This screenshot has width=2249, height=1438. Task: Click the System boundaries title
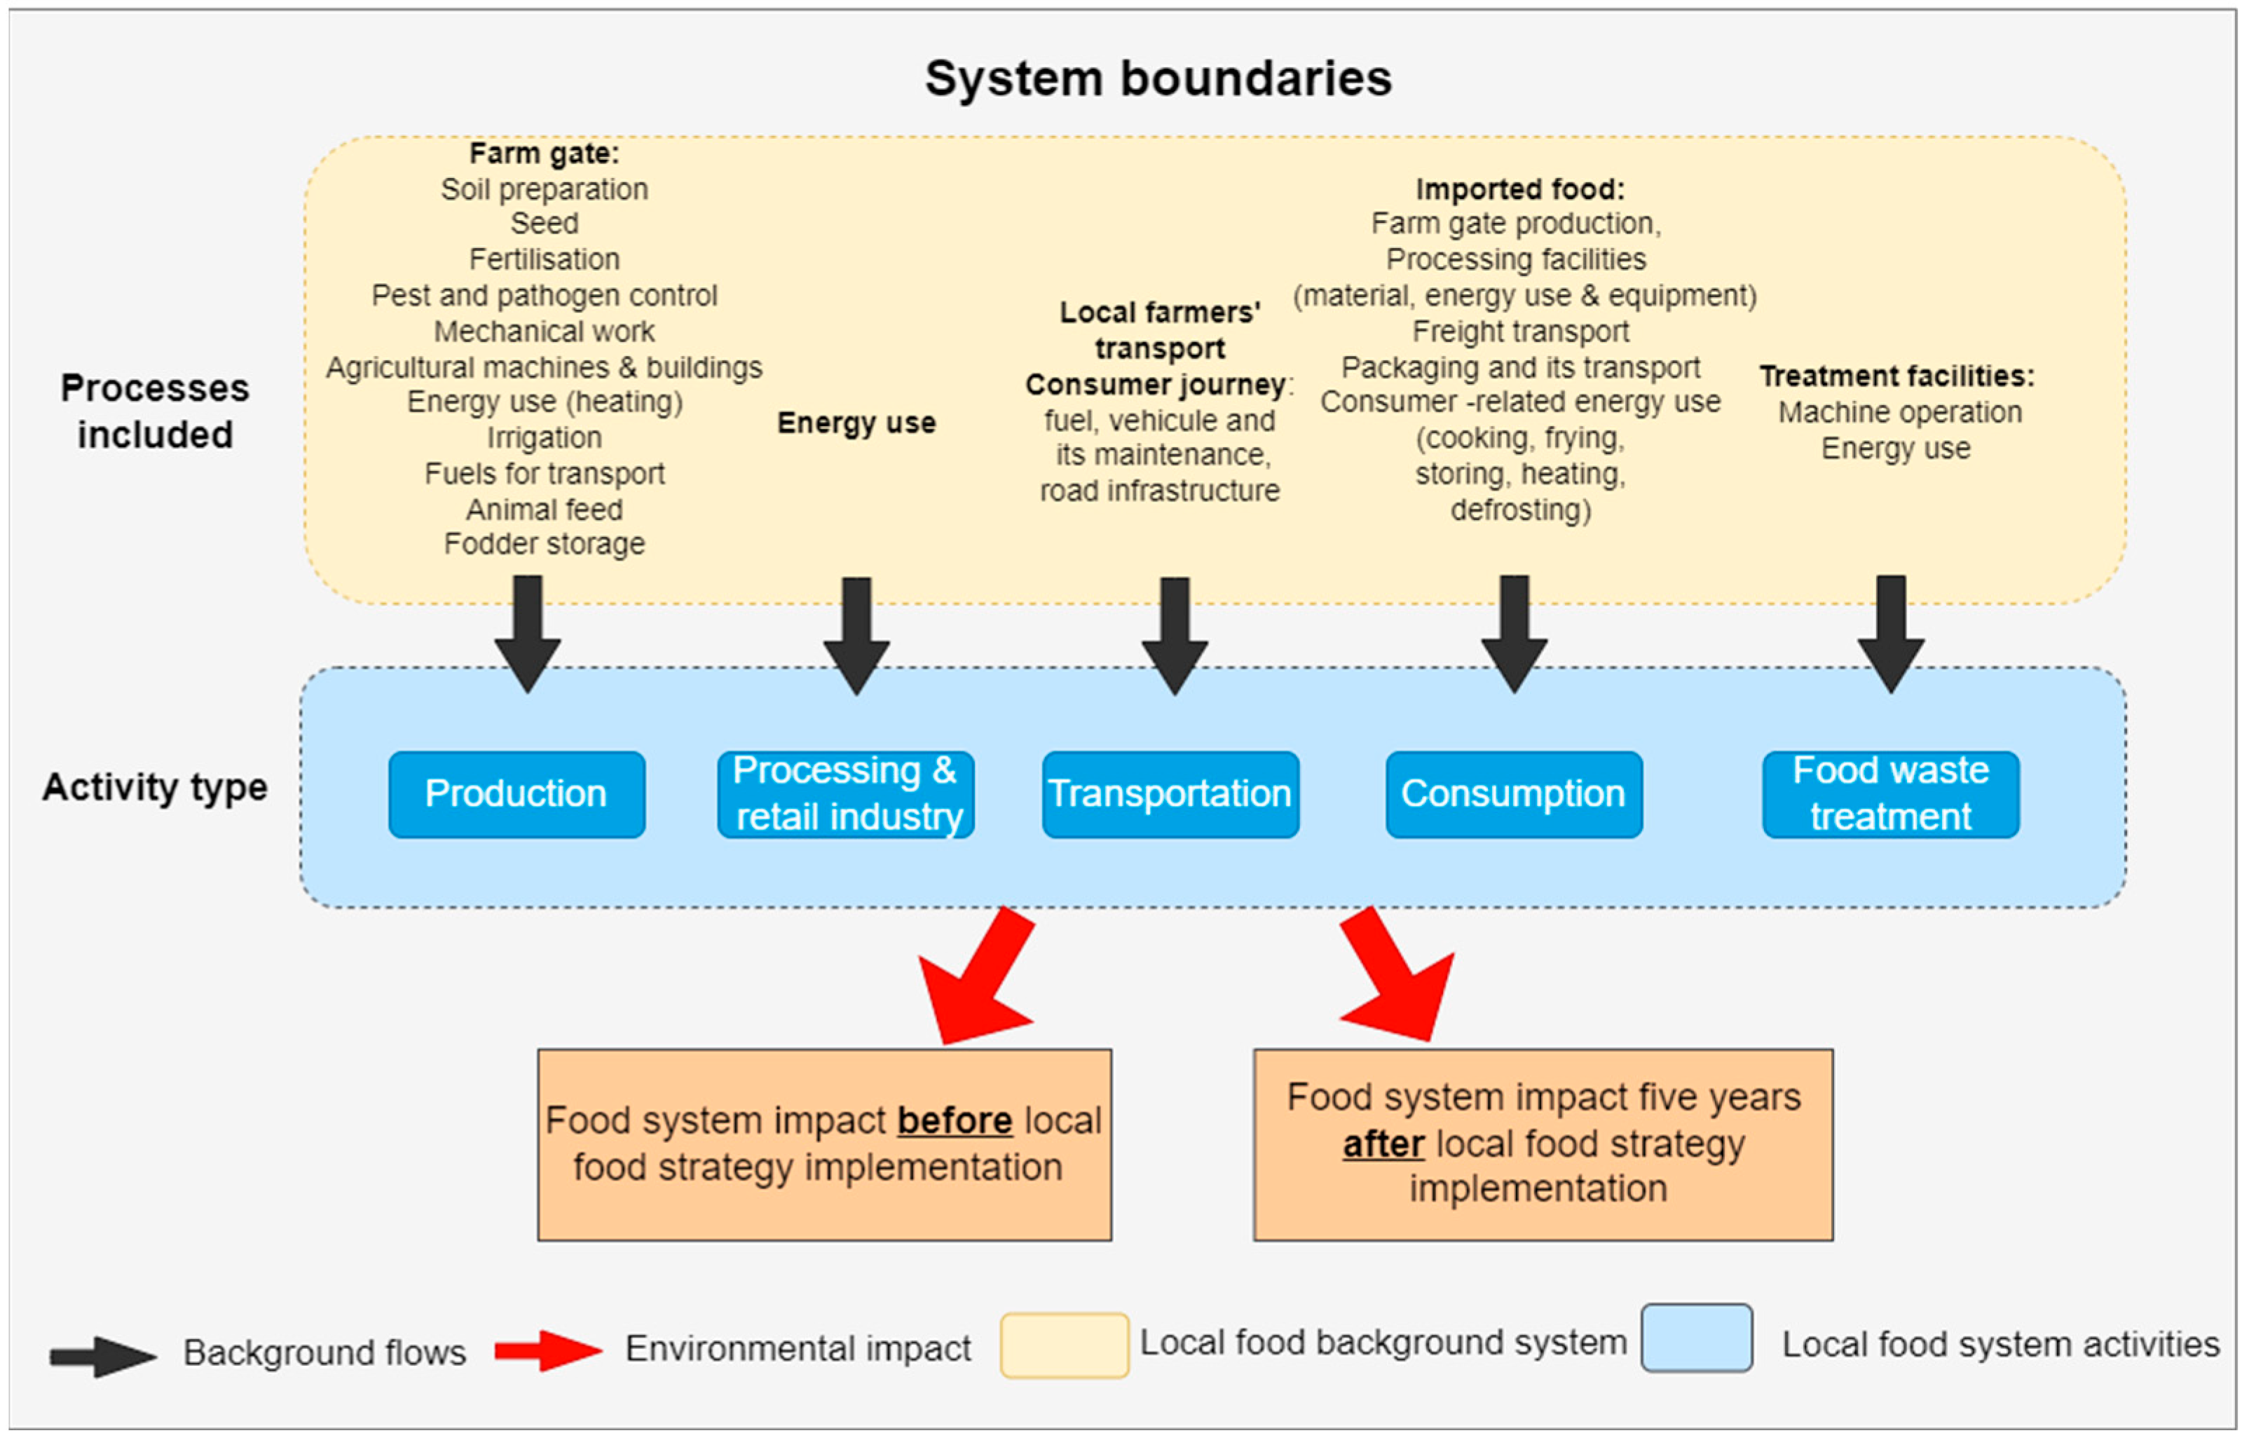click(x=1157, y=78)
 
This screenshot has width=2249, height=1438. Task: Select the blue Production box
click(x=517, y=794)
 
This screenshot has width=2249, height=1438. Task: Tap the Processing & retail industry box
click(x=845, y=794)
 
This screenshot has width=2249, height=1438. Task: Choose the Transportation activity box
click(x=1170, y=794)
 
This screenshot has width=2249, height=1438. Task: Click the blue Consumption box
click(x=1513, y=794)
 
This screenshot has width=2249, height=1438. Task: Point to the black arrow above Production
click(x=528, y=635)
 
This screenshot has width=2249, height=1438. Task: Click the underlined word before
click(x=955, y=1121)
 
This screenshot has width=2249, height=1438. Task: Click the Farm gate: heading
click(x=544, y=153)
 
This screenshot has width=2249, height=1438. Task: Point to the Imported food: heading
click(x=1519, y=189)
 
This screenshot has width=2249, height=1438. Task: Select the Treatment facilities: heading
click(x=1896, y=376)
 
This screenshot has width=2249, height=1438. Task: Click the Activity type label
click(x=154, y=787)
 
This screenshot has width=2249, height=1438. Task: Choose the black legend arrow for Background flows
click(x=103, y=1356)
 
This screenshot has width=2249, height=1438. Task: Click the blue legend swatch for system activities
click(x=1696, y=1338)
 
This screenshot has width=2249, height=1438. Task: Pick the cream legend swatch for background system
click(x=1064, y=1345)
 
